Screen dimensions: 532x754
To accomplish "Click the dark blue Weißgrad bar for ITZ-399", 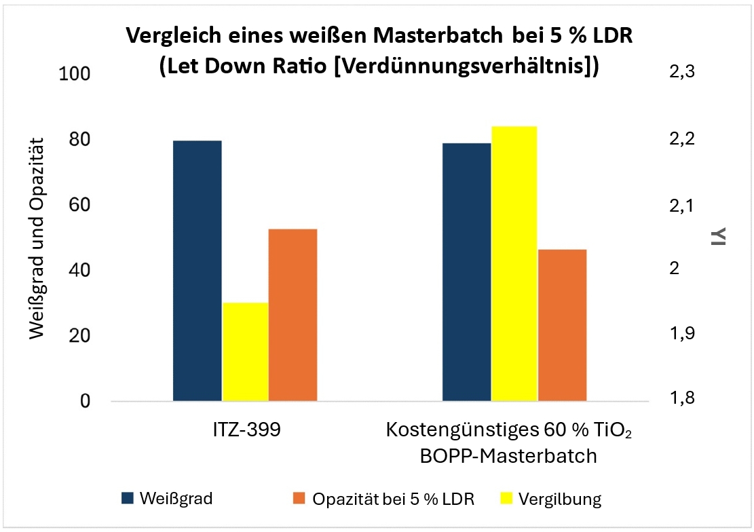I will pyautogui.click(x=197, y=271).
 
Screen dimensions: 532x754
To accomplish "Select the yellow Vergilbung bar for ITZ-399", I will pyautogui.click(x=246, y=351).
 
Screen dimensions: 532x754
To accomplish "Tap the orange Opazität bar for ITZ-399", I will pyautogui.click(x=293, y=315).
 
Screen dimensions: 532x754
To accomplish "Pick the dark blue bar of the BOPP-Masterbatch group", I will pyautogui.click(x=467, y=272).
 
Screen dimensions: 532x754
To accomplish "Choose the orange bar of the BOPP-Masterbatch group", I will pyautogui.click(x=562, y=325).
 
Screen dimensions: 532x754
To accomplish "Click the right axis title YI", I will pyautogui.click(x=719, y=235).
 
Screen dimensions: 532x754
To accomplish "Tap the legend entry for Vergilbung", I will pyautogui.click(x=559, y=499).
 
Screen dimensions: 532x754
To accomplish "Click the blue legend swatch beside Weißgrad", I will pyautogui.click(x=128, y=499).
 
